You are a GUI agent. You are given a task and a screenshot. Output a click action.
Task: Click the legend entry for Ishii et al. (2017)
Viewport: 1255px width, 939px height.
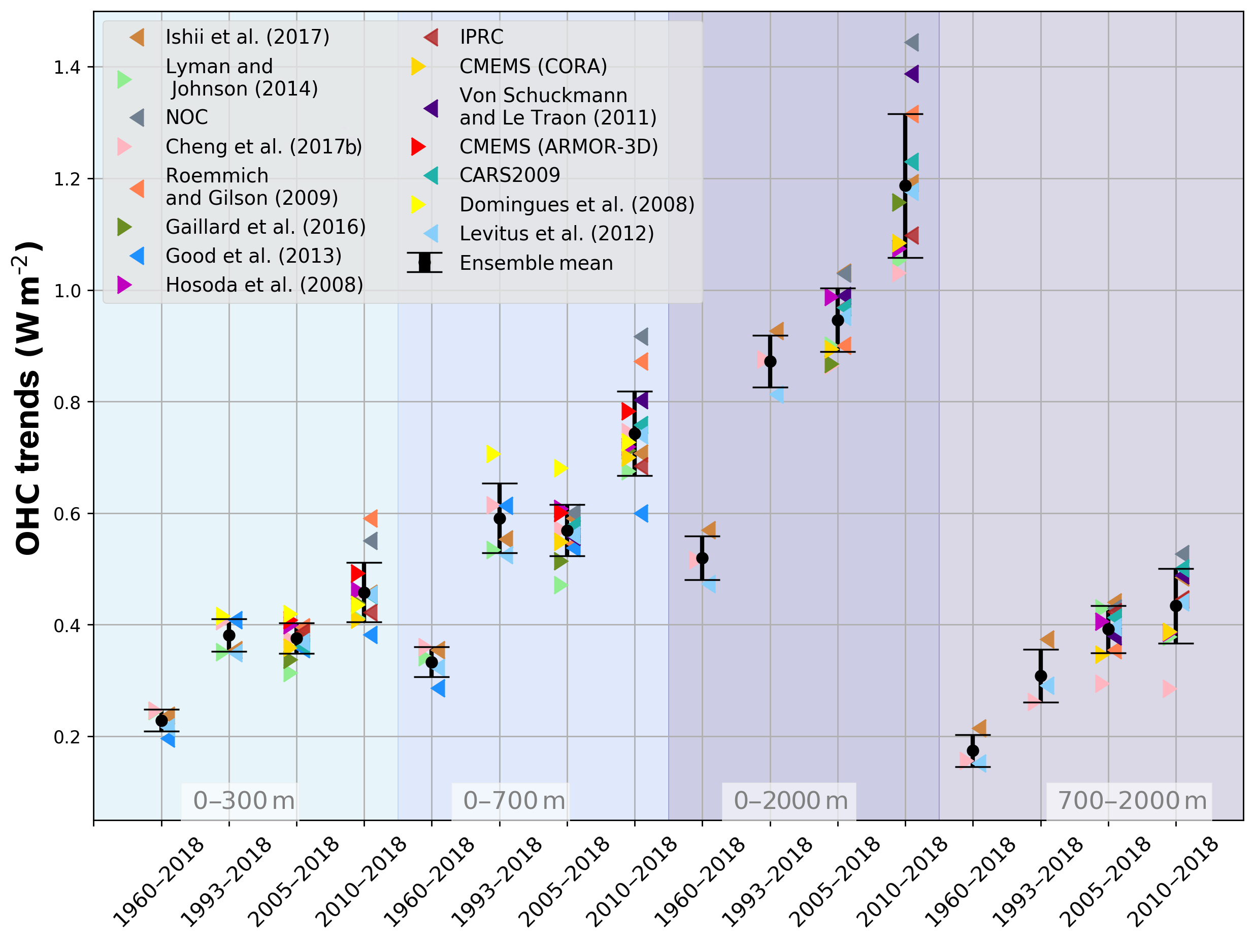coord(247,37)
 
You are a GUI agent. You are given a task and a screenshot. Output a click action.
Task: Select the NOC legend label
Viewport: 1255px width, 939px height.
coord(187,117)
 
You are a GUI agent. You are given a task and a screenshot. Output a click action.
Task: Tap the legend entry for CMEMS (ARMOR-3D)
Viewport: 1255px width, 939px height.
coord(558,146)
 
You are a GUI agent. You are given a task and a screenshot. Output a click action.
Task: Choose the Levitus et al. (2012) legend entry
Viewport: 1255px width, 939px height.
coord(556,233)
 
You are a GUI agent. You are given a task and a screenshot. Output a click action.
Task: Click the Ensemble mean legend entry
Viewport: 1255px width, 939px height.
coord(536,263)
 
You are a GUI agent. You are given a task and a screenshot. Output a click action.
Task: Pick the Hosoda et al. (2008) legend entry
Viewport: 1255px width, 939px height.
coord(264,285)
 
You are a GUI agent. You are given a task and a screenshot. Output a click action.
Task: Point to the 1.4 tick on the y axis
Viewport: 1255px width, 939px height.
coord(67,68)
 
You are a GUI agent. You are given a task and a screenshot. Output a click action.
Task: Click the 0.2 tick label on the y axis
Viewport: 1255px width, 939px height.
coord(67,737)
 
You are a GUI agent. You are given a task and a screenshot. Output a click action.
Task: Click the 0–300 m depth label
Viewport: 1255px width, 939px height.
coord(244,800)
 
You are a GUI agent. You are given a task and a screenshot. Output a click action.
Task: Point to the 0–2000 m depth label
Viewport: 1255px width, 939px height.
coord(791,800)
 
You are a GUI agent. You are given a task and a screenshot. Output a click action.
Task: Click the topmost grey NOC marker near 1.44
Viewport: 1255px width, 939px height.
coord(912,42)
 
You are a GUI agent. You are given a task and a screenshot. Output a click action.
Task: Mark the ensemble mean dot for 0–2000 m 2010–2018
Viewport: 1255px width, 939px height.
coord(905,185)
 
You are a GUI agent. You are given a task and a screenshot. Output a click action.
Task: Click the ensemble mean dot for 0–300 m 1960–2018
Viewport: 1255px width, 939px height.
coord(161,721)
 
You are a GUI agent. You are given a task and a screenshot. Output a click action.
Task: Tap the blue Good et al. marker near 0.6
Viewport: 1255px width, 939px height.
coord(641,514)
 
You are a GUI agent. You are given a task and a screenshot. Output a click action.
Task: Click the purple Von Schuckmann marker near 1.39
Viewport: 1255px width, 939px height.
coord(912,74)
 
